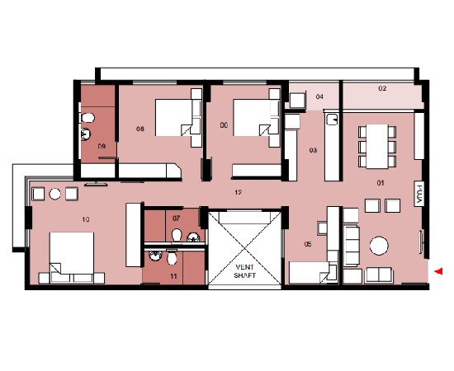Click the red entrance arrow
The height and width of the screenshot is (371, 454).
coord(439,270)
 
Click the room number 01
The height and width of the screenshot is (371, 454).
coord(381,182)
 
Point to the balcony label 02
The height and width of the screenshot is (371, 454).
coord(382,87)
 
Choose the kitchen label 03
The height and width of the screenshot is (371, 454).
coord(313,150)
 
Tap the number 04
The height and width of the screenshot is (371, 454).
coord(319,97)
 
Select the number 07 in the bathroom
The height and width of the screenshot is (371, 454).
coord(176,218)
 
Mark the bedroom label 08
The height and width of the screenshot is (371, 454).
coord(140,129)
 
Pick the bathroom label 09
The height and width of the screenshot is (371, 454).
coord(102,146)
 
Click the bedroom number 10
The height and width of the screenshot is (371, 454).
coord(86,219)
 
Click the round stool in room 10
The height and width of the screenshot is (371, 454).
coord(54,194)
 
